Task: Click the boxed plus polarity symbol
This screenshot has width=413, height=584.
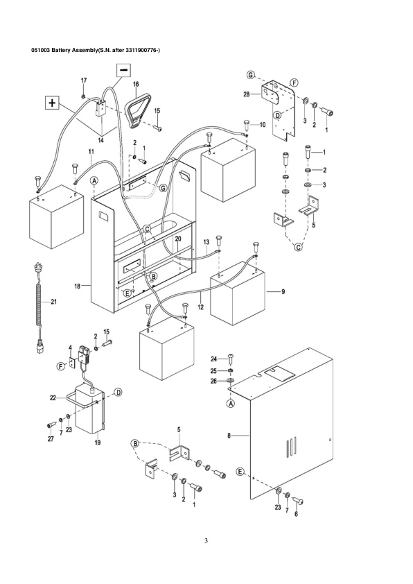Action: [51, 103]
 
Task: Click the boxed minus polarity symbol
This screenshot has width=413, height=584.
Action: [123, 69]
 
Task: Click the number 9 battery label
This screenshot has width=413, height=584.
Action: [283, 292]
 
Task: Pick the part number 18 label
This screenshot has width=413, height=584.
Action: [78, 285]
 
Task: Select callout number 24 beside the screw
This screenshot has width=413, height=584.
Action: [215, 359]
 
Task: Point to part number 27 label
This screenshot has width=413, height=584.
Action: [49, 439]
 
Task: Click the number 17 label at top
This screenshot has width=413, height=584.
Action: [84, 81]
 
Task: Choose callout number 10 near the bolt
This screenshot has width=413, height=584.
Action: [263, 125]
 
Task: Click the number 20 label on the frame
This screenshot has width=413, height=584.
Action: [177, 239]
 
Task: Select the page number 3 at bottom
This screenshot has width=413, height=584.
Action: [206, 540]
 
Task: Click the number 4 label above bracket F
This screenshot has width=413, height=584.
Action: [69, 347]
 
